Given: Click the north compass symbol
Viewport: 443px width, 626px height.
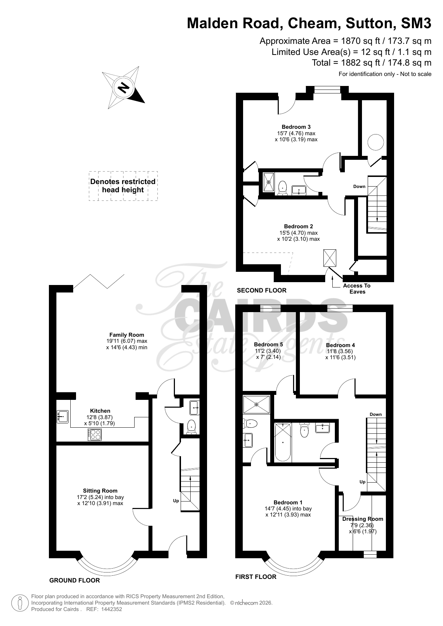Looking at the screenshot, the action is (x=123, y=87).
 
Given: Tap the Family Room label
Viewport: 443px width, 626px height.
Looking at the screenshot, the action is (x=127, y=335).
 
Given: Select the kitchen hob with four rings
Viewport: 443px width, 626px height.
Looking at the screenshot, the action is (x=95, y=434).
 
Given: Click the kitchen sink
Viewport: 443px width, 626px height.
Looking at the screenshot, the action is (x=62, y=417).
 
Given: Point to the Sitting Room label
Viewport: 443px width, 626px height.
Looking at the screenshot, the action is (x=100, y=490).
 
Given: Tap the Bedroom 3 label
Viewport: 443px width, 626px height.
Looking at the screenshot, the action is (x=296, y=127).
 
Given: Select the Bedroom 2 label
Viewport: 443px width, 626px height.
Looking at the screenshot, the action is (x=298, y=226).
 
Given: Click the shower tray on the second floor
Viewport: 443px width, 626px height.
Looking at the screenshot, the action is (x=269, y=182).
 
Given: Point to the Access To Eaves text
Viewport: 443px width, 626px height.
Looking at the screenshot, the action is (x=357, y=289).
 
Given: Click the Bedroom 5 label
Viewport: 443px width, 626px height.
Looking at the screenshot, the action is (x=268, y=344).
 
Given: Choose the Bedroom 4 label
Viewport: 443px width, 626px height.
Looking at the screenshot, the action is (x=341, y=345).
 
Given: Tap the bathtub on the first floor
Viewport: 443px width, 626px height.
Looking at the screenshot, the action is (x=283, y=442).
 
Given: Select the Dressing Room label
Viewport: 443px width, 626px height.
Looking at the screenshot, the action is (x=363, y=519).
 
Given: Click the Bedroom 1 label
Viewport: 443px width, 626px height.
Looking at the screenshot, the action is (x=288, y=502).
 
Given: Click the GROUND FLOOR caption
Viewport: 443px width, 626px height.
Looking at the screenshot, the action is (x=75, y=580).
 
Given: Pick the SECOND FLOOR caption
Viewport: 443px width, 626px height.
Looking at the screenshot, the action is (x=262, y=290).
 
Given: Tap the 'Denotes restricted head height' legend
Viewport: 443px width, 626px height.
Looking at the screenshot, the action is (x=123, y=186).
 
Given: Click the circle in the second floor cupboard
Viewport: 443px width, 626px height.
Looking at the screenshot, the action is (x=376, y=142).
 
